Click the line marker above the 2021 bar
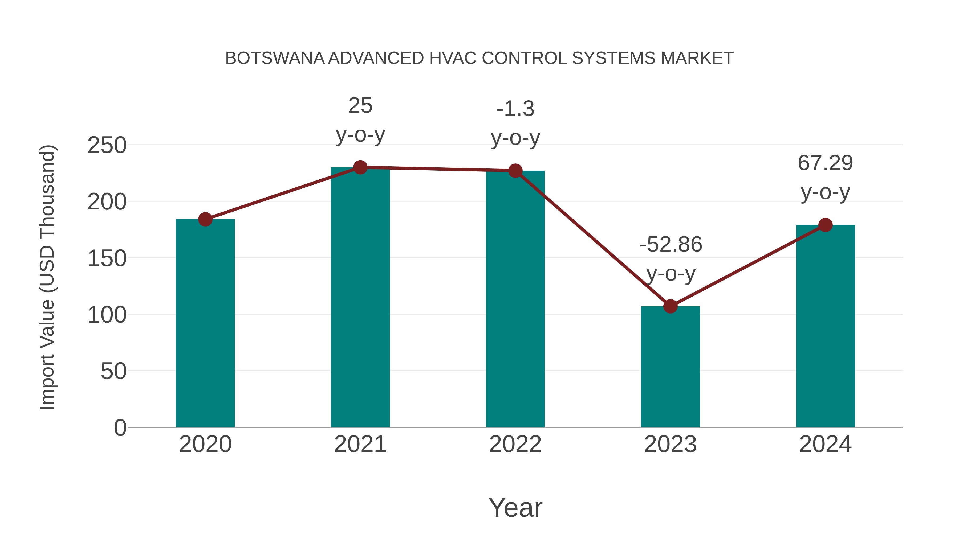pyautogui.click(x=360, y=167)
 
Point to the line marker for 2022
pyautogui.click(x=515, y=171)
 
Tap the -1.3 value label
pyautogui.click(x=515, y=109)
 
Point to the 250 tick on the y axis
pyautogui.click(x=107, y=145)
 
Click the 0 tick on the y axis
pyautogui.click(x=120, y=427)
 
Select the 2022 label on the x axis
pyautogui.click(x=515, y=444)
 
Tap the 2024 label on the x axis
pyautogui.click(x=825, y=444)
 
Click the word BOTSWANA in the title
pyautogui.click(x=275, y=58)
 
